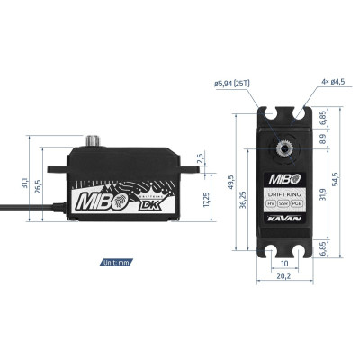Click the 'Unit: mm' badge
pyautogui.click(x=117, y=265)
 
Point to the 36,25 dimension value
pyautogui.click(x=243, y=203)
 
